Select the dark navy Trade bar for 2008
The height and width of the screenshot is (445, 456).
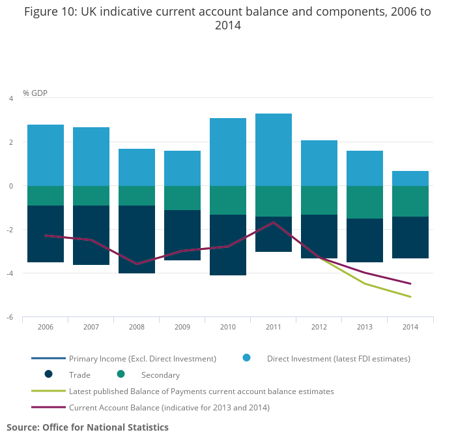click(137, 239)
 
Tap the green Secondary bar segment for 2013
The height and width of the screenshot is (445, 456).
click(365, 202)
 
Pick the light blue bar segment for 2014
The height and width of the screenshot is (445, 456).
click(410, 178)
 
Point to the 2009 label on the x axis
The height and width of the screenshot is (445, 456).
click(182, 326)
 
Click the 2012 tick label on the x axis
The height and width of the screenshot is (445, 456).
click(319, 326)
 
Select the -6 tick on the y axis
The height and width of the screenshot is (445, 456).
click(10, 317)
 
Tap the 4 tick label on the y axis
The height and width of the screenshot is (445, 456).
click(10, 99)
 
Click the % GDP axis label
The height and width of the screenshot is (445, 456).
click(35, 93)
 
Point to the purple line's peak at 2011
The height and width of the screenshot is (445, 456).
click(274, 222)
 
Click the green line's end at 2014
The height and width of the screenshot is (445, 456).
click(410, 297)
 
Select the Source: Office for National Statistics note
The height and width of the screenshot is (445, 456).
click(87, 427)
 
